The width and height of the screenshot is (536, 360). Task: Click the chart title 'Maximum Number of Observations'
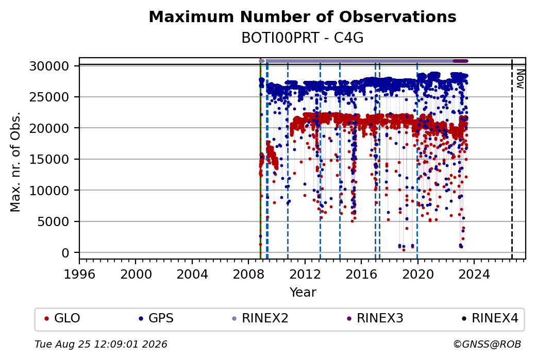click(303, 16)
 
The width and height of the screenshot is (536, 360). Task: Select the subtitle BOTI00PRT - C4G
click(303, 38)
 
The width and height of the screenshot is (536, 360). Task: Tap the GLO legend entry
click(62, 318)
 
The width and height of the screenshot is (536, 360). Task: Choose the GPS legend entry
click(156, 318)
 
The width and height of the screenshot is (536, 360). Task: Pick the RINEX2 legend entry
click(260, 318)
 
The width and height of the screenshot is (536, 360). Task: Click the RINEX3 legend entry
click(375, 318)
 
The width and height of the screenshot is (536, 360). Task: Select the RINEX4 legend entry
click(490, 318)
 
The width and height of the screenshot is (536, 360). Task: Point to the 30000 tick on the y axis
click(49, 66)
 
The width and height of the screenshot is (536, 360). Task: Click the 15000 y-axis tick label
click(49, 160)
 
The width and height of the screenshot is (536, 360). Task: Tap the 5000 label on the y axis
click(53, 222)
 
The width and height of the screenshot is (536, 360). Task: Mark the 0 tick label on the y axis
click(65, 253)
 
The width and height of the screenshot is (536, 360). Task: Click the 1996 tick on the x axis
click(79, 275)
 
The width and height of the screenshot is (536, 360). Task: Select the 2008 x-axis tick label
click(248, 275)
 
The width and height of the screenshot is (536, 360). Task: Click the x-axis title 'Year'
click(303, 293)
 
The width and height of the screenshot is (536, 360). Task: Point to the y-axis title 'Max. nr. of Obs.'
click(15, 162)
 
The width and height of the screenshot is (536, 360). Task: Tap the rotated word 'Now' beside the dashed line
click(520, 79)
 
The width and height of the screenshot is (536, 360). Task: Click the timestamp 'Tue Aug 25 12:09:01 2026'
click(101, 344)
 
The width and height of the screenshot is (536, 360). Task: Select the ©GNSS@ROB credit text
click(487, 344)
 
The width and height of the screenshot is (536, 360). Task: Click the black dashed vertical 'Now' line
click(512, 159)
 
